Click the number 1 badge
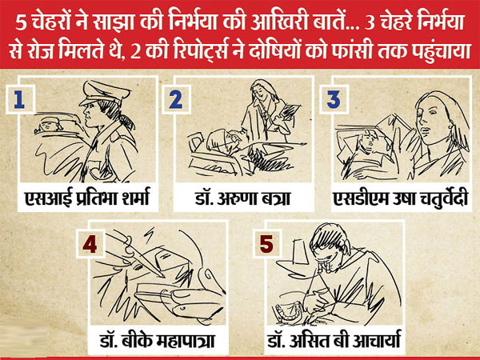[x=19, y=99]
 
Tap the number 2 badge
[x=176, y=99]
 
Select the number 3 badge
[x=334, y=99]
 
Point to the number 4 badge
[x=90, y=244]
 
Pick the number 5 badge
[x=266, y=244]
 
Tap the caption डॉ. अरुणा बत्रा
[x=242, y=198]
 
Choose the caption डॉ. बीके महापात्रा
[x=157, y=341]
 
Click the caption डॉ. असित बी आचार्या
[x=334, y=341]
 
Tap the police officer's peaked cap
[x=104, y=93]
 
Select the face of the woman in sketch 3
[x=432, y=121]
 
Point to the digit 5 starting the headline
[x=20, y=24]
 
